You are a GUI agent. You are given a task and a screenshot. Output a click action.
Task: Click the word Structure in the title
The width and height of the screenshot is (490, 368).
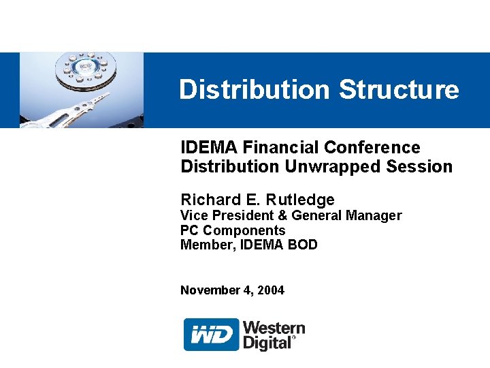point(399,89)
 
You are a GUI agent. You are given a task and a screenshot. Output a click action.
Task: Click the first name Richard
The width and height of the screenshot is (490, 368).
point(210,200)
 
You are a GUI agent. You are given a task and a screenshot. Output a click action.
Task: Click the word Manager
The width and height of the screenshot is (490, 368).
point(374,215)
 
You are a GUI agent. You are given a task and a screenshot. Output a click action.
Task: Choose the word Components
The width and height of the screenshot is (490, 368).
point(244,230)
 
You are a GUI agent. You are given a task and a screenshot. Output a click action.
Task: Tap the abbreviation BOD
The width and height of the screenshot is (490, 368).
point(303,245)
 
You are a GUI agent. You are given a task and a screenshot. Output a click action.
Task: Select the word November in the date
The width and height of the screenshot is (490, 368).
point(210,290)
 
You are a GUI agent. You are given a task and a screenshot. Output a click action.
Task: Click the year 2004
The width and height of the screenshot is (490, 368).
point(272,290)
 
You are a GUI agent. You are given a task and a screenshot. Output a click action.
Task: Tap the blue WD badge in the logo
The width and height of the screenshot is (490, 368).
point(212,335)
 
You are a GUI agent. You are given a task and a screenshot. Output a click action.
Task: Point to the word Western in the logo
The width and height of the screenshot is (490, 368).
point(274,328)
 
